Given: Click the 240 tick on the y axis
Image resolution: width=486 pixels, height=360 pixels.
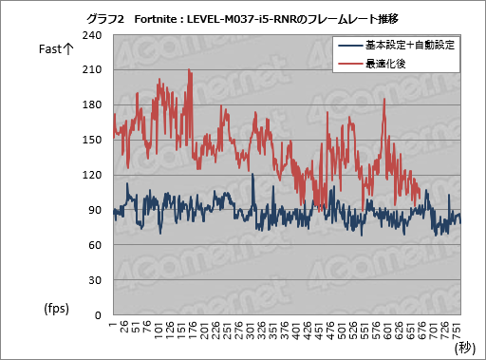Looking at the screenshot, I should coord(92,35).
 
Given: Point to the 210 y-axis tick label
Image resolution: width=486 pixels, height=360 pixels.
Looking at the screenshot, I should coord(92,70).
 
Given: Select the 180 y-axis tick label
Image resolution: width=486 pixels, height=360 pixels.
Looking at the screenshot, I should coord(92,105).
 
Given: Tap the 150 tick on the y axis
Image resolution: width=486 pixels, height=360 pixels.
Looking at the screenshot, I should coord(92,141).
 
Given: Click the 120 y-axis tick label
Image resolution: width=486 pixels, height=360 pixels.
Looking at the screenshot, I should coord(92,175).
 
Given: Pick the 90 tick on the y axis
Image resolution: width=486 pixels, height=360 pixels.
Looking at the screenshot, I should coord(95,210).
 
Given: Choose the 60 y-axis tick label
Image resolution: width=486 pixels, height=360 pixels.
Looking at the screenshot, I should coord(95,245).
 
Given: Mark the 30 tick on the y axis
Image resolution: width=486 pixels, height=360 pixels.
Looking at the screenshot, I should coord(95,280).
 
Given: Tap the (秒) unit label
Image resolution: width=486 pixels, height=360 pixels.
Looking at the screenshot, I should coord(466,348).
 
